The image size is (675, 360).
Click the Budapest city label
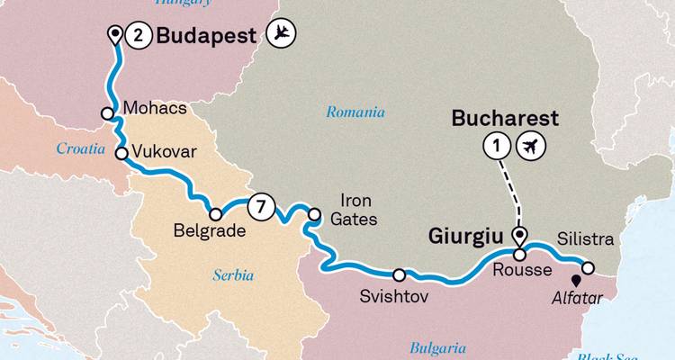[208, 36]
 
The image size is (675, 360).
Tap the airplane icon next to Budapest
[282, 35]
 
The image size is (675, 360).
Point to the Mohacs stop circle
[107, 114]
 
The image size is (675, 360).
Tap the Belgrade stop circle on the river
[215, 214]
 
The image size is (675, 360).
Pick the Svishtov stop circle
[399, 274]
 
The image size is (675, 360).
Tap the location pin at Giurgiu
[519, 237]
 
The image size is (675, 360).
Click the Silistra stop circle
[589, 267]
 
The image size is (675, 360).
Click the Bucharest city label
[505, 119]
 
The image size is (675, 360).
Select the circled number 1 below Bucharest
[495, 145]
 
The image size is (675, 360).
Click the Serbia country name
[233, 274]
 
